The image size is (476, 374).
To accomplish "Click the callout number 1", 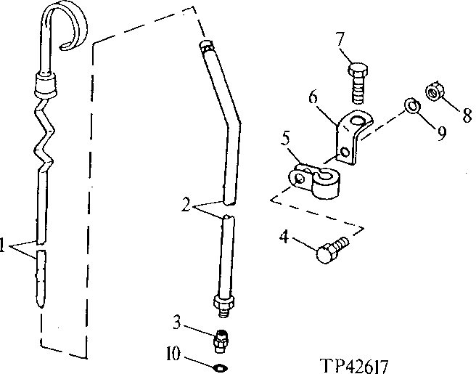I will point(6,246).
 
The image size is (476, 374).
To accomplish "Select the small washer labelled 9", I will point(411,107).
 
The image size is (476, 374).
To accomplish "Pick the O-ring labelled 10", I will point(221,364).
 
